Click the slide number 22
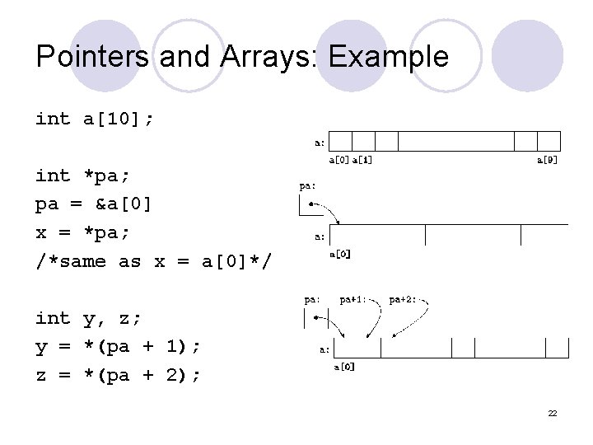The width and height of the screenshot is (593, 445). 553,412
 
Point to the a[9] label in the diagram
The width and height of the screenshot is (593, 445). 547,160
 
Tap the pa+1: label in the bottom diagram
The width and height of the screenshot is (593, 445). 353,299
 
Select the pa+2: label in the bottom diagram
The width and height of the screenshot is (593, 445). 403,299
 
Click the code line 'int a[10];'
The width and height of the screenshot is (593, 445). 95,119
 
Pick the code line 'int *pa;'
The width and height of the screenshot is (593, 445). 83,176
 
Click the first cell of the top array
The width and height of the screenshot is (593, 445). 340,141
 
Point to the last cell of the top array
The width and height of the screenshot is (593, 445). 549,141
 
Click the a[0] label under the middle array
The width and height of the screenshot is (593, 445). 340,255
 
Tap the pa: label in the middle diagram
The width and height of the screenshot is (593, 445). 306,186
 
